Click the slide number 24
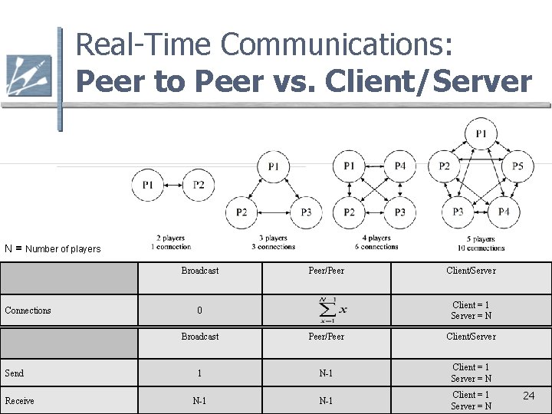point(528,395)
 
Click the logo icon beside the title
point(28,77)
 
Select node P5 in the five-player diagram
point(518,166)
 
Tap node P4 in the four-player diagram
point(400,166)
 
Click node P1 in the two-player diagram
point(148,185)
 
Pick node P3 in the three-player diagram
point(306,212)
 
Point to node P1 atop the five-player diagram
point(481,134)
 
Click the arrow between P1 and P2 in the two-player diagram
point(173,185)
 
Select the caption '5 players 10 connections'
point(481,243)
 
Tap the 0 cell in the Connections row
point(199,310)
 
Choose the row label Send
point(15,373)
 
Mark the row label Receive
point(19,400)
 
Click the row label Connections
point(28,310)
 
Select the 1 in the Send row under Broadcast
point(199,373)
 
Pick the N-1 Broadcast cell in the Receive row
point(199,400)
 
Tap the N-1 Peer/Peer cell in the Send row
point(326,373)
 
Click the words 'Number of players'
point(63,248)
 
